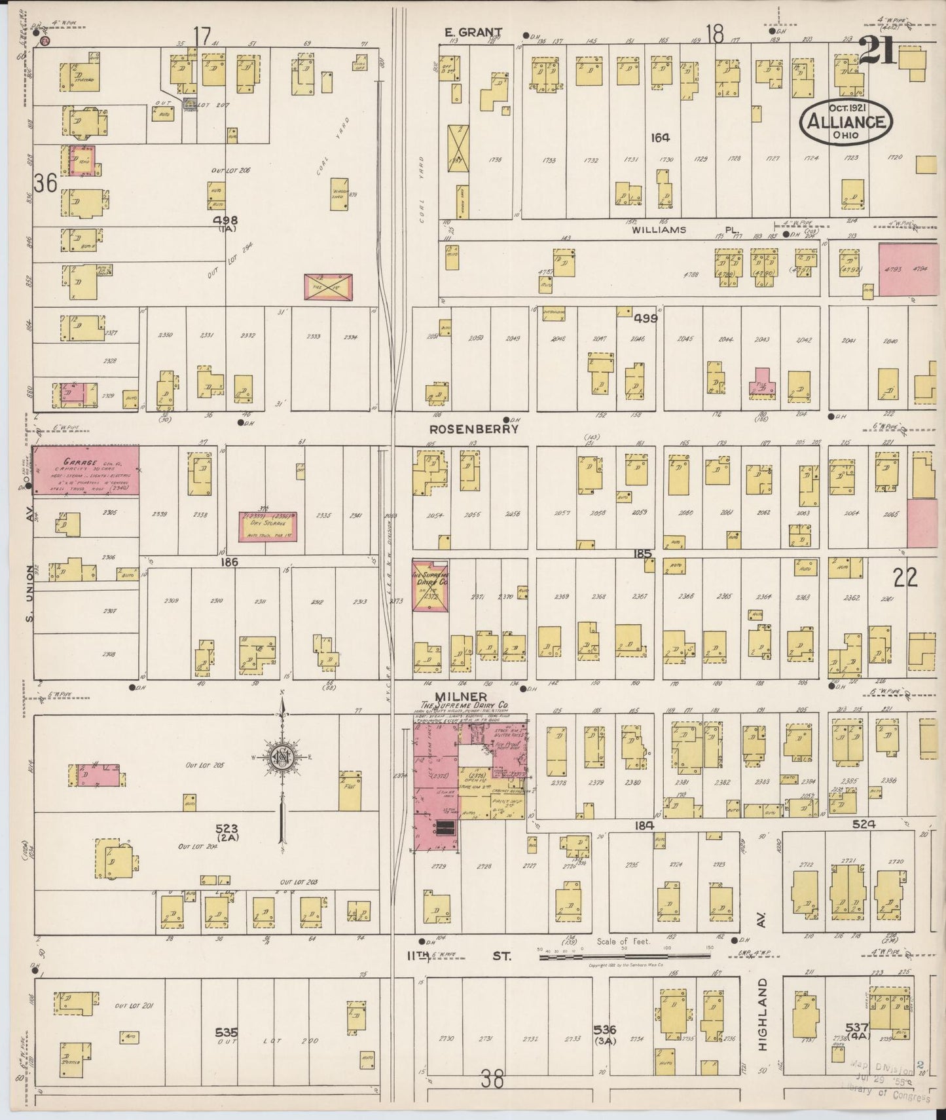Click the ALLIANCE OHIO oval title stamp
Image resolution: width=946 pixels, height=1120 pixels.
point(846,122)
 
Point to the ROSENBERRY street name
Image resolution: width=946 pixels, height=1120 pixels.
point(473,429)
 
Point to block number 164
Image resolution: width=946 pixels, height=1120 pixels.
point(660,138)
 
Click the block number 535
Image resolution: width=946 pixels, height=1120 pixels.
point(227,1033)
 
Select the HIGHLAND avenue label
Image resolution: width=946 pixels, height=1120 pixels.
point(763,1015)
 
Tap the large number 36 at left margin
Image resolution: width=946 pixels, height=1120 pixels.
point(45,184)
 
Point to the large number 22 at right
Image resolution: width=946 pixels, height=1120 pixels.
point(905,577)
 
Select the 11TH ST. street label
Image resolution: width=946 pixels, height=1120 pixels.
point(458,957)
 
